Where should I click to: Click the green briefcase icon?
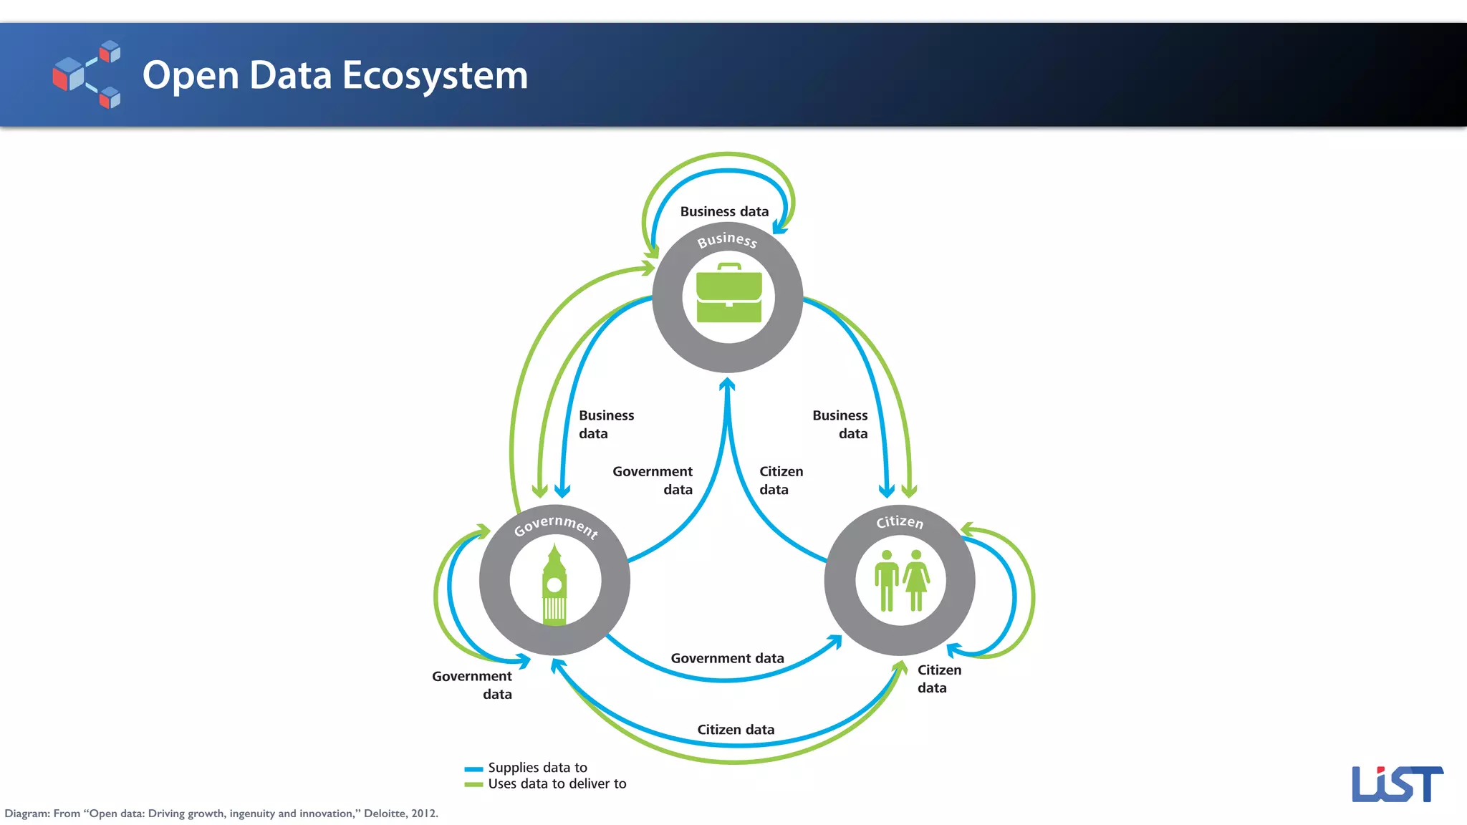pyautogui.click(x=728, y=294)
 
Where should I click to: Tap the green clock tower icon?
pyautogui.click(x=554, y=586)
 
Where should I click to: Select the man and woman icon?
pyautogui.click(x=901, y=581)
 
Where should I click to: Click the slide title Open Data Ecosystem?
pyautogui.click(x=335, y=75)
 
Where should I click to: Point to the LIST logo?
pyautogui.click(x=1396, y=783)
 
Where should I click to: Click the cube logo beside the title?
pyautogui.click(x=87, y=74)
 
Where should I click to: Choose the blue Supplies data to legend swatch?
pyautogui.click(x=473, y=768)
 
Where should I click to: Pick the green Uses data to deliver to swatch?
pyautogui.click(x=473, y=785)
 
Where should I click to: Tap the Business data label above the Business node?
pyautogui.click(x=724, y=211)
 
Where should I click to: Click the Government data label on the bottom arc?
pyautogui.click(x=727, y=658)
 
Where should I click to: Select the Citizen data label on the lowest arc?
pyautogui.click(x=736, y=730)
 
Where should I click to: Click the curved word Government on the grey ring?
pyautogui.click(x=555, y=525)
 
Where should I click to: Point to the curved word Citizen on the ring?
pyautogui.click(x=900, y=521)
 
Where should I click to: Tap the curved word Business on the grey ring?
pyautogui.click(x=727, y=239)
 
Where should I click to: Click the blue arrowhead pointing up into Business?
pyautogui.click(x=727, y=385)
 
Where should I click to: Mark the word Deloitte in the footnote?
pyautogui.click(x=385, y=814)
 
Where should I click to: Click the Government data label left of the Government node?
pyautogui.click(x=473, y=685)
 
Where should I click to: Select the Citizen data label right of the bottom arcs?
pyautogui.click(x=939, y=678)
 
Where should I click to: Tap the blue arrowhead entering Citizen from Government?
pyautogui.click(x=835, y=640)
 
